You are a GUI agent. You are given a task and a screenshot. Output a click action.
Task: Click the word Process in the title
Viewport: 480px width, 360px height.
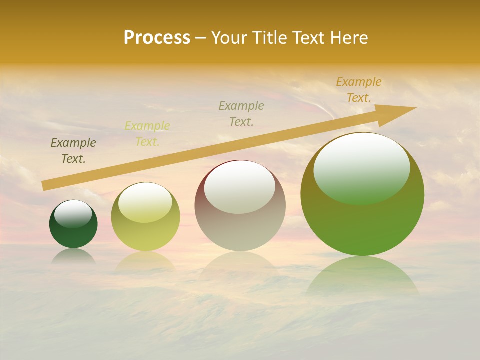click(x=157, y=37)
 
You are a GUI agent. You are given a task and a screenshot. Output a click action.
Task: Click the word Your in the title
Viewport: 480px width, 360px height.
click(x=229, y=37)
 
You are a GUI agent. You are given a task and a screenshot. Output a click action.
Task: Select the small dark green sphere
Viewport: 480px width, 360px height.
click(x=73, y=232)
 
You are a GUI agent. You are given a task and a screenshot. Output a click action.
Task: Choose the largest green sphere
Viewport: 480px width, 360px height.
click(x=362, y=225)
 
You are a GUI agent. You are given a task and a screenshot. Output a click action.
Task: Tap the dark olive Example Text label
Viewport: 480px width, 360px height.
click(x=73, y=151)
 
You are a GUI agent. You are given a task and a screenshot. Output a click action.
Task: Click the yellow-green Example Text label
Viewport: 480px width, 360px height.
click(x=147, y=134)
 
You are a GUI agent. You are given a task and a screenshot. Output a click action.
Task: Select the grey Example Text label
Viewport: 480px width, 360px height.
click(x=241, y=113)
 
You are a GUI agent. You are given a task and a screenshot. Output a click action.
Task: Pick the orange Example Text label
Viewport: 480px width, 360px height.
click(x=359, y=90)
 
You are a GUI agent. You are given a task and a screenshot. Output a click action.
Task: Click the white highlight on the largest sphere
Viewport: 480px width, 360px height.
click(x=361, y=167)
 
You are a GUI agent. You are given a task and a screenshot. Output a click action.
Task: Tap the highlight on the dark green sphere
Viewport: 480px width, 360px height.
click(x=73, y=214)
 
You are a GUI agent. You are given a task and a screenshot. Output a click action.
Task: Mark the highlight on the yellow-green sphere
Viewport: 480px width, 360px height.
click(x=145, y=202)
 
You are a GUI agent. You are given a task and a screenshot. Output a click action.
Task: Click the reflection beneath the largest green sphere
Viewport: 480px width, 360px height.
click(x=362, y=277)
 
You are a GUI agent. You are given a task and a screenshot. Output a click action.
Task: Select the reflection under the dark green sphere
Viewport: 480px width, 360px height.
click(x=73, y=255)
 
